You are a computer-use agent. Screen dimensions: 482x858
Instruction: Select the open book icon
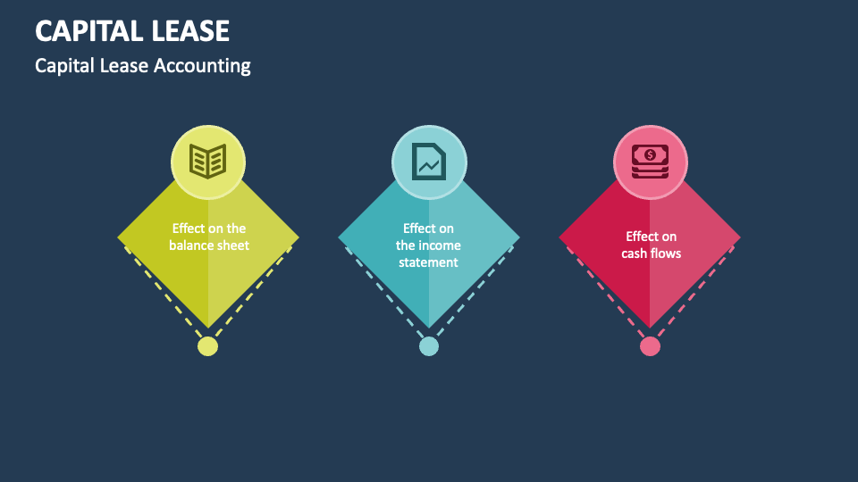208,162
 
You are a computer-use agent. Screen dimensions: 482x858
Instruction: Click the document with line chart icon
429,162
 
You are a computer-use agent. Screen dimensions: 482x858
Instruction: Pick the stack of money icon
650,162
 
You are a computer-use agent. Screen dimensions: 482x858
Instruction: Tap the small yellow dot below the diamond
207,346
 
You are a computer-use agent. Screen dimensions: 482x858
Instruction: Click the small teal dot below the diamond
429,346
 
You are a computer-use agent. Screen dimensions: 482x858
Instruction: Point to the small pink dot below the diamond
650,346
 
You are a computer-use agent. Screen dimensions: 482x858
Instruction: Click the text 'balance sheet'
209,245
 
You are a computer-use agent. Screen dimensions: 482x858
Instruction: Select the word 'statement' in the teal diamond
428,262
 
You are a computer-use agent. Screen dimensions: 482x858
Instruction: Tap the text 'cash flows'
652,253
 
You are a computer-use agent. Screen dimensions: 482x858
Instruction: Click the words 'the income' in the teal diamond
428,245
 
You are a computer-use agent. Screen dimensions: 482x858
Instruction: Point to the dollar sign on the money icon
650,154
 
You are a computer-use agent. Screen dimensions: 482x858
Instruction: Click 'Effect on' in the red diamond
652,237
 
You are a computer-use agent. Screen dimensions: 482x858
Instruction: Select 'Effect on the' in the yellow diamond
209,229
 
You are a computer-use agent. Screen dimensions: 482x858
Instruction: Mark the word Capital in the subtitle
62,66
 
